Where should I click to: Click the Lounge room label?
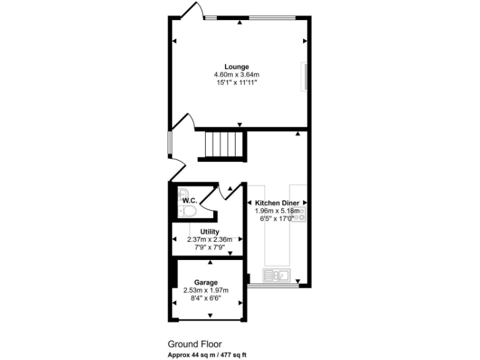237,67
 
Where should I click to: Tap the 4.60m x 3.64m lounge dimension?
237,74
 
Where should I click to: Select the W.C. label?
190,201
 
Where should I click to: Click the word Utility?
209,232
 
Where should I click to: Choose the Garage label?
206,282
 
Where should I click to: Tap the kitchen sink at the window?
276,276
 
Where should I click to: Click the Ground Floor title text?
194,344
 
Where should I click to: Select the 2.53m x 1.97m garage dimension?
206,290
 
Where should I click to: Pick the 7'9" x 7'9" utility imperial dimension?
209,246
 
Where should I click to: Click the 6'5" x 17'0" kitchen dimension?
277,219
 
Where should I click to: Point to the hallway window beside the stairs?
169,144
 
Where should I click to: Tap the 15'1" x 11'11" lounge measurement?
237,82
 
